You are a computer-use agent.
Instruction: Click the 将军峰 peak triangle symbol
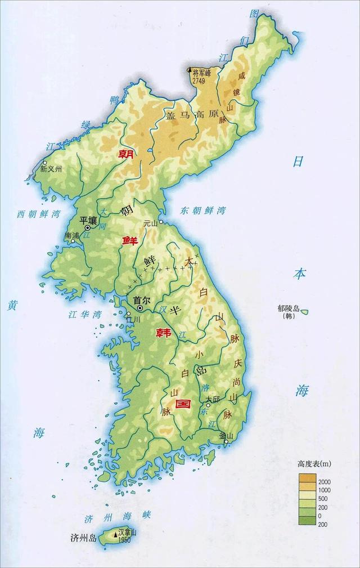(x=190, y=70)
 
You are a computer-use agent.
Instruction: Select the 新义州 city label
(x=51, y=168)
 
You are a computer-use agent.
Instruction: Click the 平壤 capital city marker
(x=87, y=228)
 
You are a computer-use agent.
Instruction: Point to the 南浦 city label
(x=72, y=235)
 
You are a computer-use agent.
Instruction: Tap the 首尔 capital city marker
(x=139, y=308)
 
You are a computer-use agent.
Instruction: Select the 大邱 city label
(x=212, y=399)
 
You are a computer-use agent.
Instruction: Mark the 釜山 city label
(x=226, y=435)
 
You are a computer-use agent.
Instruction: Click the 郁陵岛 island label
(x=290, y=308)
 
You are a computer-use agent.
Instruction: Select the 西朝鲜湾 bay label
(x=38, y=214)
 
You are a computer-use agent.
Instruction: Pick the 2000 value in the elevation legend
(x=325, y=482)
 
